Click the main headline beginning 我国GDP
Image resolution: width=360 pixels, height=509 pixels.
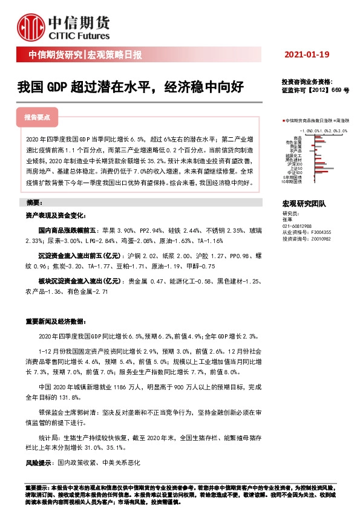click(x=130, y=86)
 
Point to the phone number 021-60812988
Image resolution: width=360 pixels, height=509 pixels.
click(x=297, y=225)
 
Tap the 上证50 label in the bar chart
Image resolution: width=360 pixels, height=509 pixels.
click(x=296, y=169)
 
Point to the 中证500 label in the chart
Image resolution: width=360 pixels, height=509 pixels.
click(x=296, y=172)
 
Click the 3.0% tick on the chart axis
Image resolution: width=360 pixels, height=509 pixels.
click(x=343, y=130)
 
